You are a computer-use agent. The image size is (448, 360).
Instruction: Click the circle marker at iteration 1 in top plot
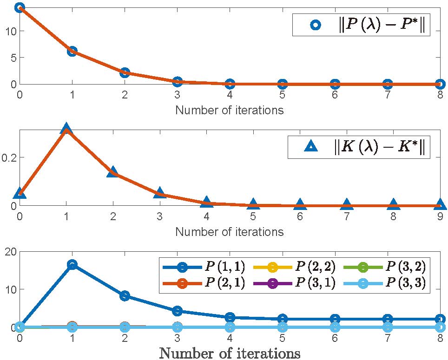point(72,51)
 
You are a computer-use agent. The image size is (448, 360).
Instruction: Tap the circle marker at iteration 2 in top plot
point(125,72)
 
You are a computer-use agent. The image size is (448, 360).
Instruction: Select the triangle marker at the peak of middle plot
point(66,129)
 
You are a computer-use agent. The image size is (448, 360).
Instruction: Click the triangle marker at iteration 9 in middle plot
point(440,204)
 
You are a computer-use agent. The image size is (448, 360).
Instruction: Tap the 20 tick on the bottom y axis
point(9,251)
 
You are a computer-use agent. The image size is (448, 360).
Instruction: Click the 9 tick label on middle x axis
point(440,216)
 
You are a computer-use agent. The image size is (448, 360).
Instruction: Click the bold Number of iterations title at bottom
point(230,353)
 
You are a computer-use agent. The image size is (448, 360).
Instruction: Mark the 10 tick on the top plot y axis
point(10,32)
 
